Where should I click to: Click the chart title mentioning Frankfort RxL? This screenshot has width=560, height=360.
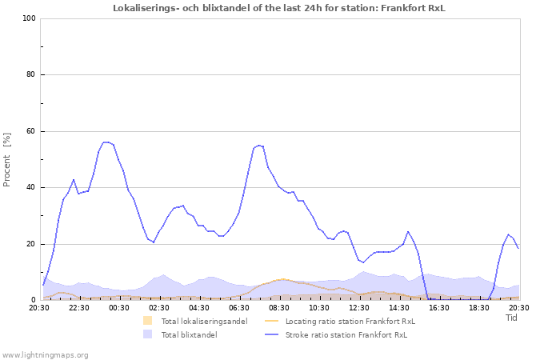click(x=279, y=8)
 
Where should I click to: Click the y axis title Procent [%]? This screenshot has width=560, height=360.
click(x=7, y=159)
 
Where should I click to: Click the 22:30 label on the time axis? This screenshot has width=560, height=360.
click(x=79, y=307)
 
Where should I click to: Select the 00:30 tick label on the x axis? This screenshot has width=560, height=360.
click(x=119, y=307)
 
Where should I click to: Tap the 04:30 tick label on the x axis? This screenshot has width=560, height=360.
click(x=199, y=307)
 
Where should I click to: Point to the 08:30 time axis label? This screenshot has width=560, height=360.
click(x=279, y=307)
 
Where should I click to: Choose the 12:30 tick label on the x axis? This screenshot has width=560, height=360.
click(x=359, y=307)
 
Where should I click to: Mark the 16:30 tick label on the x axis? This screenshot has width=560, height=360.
click(x=439, y=307)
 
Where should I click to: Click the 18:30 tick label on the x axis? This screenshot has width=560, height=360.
click(x=479, y=307)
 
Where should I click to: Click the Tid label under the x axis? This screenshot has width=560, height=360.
click(x=512, y=318)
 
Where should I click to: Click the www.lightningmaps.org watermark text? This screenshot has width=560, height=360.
click(x=46, y=354)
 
